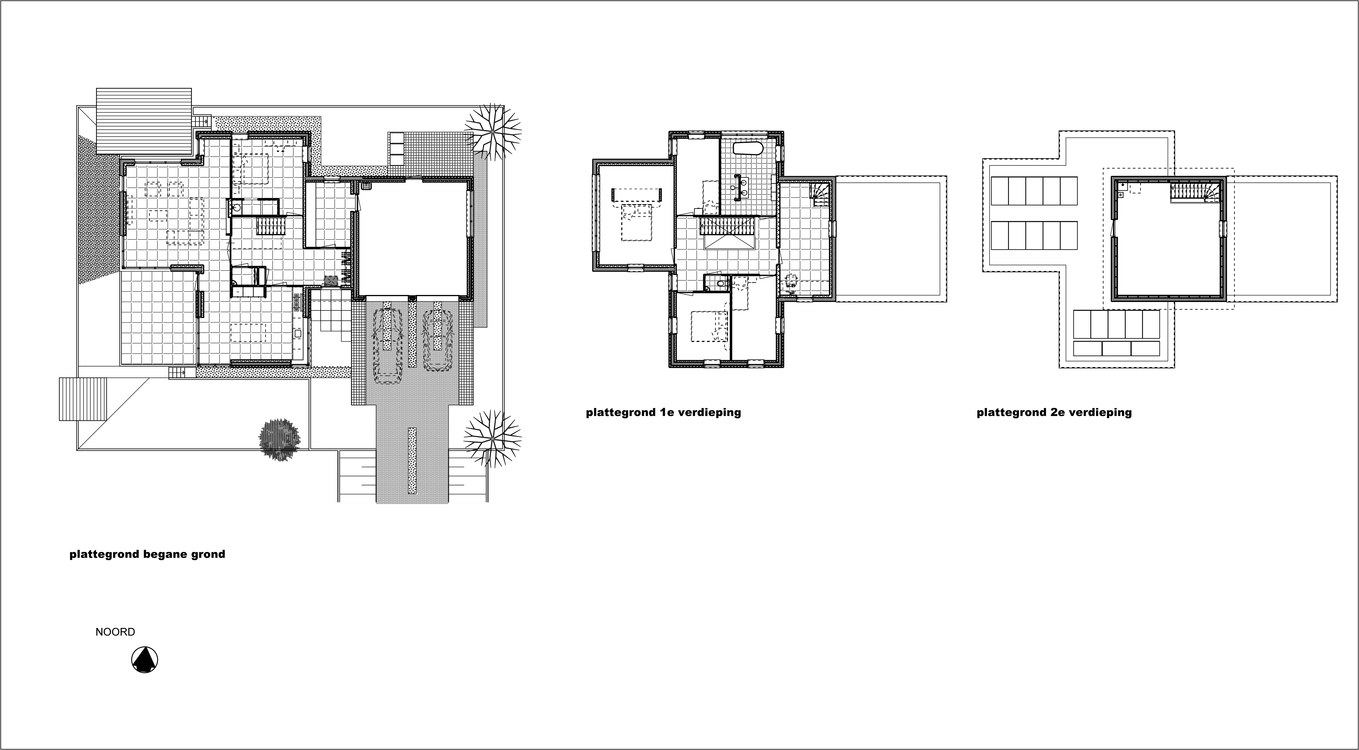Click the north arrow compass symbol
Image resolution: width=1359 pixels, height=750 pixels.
pyautogui.click(x=145, y=660)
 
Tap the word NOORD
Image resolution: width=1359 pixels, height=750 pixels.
pyautogui.click(x=115, y=632)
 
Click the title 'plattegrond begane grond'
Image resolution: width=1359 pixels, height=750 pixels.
pyautogui.click(x=147, y=554)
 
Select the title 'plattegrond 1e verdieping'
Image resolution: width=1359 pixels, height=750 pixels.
pyautogui.click(x=663, y=412)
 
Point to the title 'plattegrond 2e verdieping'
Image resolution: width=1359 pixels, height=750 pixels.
pyautogui.click(x=1054, y=412)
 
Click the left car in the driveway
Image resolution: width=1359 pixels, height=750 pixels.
pyautogui.click(x=388, y=346)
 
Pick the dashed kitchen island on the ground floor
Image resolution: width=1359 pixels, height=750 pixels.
pyautogui.click(x=248, y=333)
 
